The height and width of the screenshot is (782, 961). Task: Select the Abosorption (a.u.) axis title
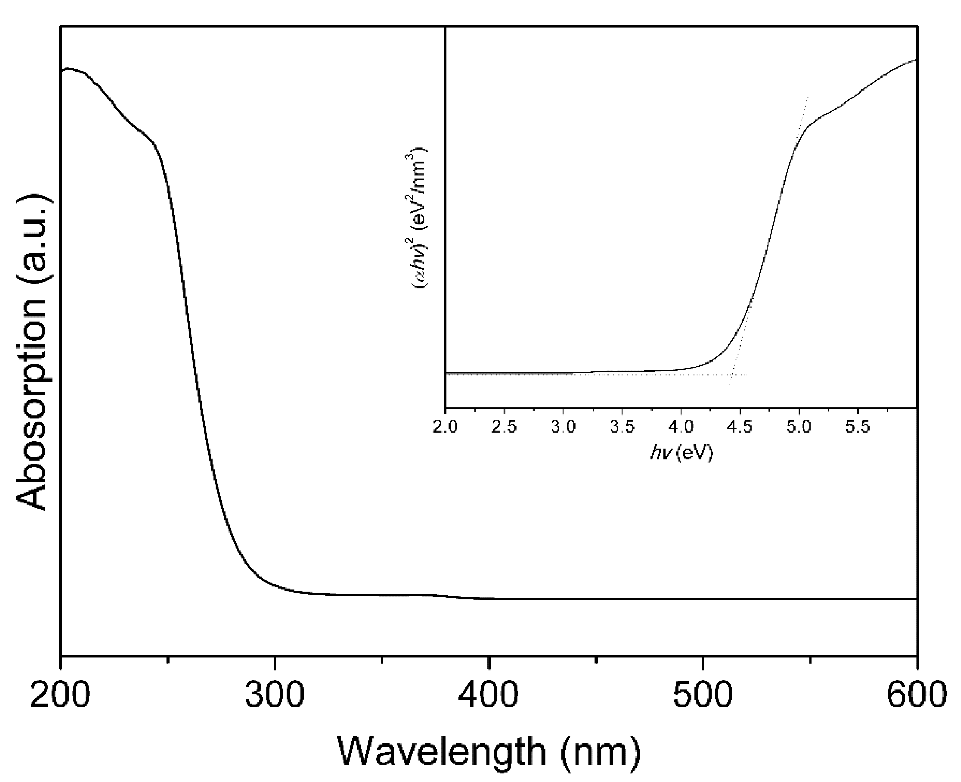coord(31,354)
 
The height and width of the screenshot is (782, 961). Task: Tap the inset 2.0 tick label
coord(445,427)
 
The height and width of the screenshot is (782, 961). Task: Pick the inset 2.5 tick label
coord(504,427)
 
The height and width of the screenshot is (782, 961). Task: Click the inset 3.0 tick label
coord(563,427)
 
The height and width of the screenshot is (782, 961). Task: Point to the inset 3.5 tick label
coord(622,427)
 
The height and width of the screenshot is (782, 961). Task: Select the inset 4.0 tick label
coord(681,427)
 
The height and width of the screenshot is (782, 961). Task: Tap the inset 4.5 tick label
coord(740,427)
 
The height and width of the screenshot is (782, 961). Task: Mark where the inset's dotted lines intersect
coord(732,374)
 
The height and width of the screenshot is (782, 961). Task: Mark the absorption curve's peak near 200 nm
coord(69,69)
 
